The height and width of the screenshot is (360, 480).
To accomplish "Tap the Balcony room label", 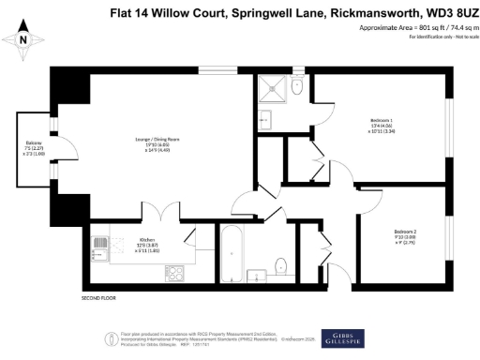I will (32, 145).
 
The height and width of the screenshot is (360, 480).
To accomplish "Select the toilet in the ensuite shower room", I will (298, 89).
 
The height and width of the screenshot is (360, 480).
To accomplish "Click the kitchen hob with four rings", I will (99, 247).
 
